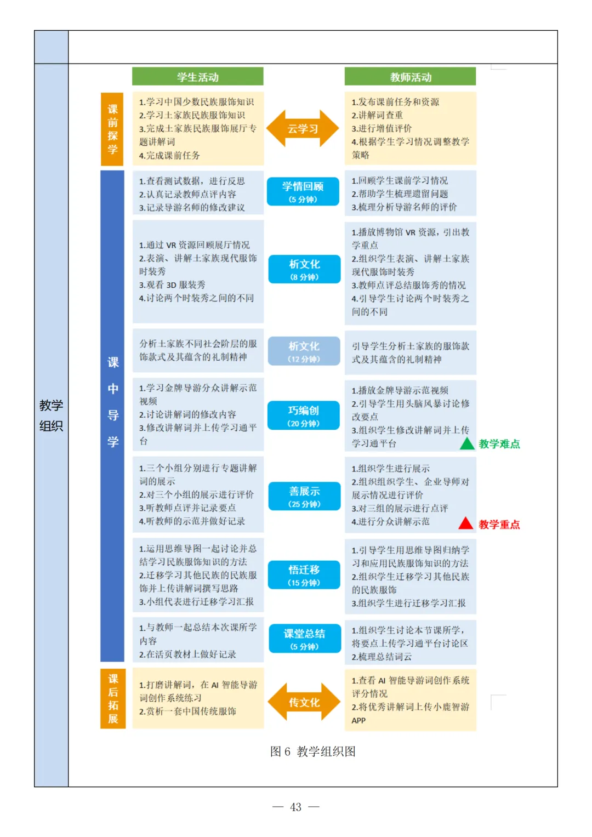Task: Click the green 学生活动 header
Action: [x=197, y=77]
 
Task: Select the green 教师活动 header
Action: [x=410, y=77]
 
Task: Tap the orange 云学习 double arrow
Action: [x=303, y=129]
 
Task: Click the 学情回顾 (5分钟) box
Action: [x=303, y=191]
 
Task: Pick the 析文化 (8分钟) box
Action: [x=304, y=269]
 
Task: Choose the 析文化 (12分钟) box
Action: [x=304, y=351]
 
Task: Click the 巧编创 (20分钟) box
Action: [x=304, y=415]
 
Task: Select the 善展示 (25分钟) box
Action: [x=304, y=496]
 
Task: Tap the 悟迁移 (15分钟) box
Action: [x=304, y=575]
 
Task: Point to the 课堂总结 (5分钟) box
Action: [x=304, y=639]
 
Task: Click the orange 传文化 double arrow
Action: [x=304, y=702]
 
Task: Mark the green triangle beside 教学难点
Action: [x=467, y=444]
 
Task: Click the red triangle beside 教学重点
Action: [x=466, y=523]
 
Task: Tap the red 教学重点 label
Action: [x=499, y=525]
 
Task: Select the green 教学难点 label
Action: [x=499, y=444]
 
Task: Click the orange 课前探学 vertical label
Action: [x=112, y=129]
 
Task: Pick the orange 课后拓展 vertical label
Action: [x=113, y=698]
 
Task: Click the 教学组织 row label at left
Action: [x=51, y=415]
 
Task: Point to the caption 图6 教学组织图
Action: [x=312, y=751]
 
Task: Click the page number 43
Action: [x=295, y=807]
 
